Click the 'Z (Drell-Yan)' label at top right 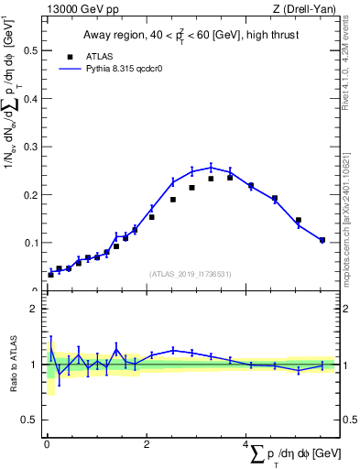(x=309, y=10)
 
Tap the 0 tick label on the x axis (x=47, y=445)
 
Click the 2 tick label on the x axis (x=147, y=445)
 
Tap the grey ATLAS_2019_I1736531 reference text (x=191, y=273)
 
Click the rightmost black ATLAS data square (x=322, y=240)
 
